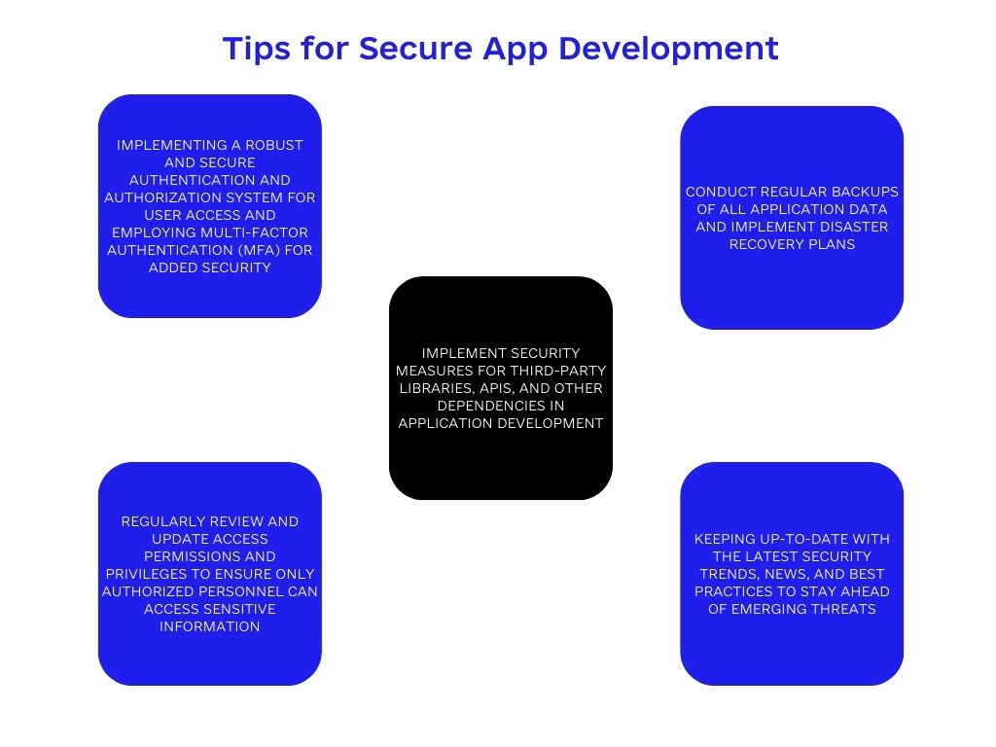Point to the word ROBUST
(273, 145)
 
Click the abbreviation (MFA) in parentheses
(254, 250)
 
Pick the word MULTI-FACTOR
(256, 232)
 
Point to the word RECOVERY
(759, 244)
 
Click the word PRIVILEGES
(144, 574)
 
